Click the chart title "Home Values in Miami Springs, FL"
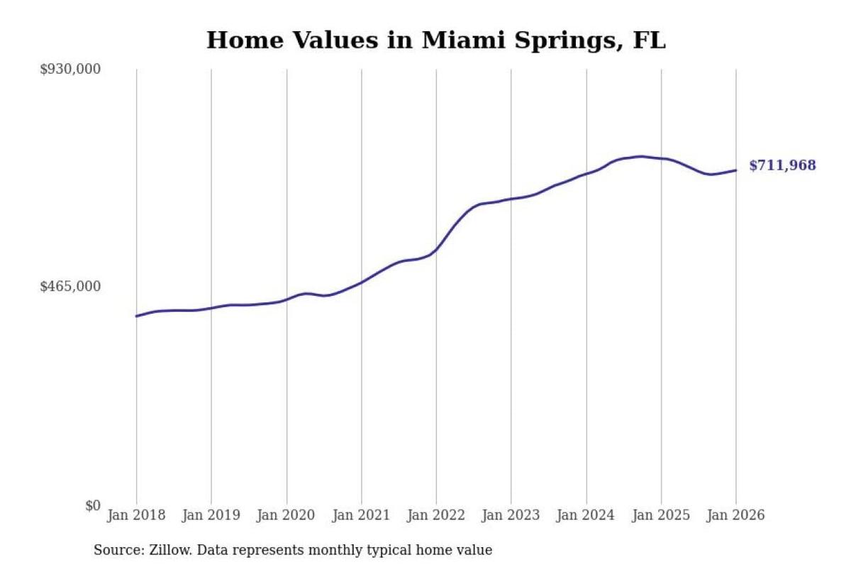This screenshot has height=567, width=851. pyautogui.click(x=435, y=40)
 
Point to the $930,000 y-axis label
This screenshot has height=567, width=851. pyautogui.click(x=70, y=70)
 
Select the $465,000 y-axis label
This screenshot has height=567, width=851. pyautogui.click(x=70, y=287)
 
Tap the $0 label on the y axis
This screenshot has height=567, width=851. pyautogui.click(x=93, y=506)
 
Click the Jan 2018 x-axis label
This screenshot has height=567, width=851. pyautogui.click(x=136, y=515)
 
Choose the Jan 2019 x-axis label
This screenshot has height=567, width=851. pyautogui.click(x=211, y=515)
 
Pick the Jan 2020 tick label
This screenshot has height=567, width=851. pyautogui.click(x=286, y=515)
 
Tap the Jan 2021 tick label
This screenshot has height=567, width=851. pyautogui.click(x=361, y=515)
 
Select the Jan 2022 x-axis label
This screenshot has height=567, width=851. pyautogui.click(x=436, y=515)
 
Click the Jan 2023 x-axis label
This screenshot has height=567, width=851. pyautogui.click(x=511, y=515)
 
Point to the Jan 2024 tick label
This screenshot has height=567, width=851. pyautogui.click(x=586, y=515)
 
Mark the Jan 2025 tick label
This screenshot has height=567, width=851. pyautogui.click(x=661, y=515)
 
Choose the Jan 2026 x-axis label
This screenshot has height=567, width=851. pyautogui.click(x=736, y=515)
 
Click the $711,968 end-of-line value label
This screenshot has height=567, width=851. pyautogui.click(x=783, y=165)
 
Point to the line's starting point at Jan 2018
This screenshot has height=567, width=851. pyautogui.click(x=136, y=316)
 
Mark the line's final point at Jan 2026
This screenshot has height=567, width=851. pyautogui.click(x=736, y=170)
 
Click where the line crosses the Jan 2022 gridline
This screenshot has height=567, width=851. pyautogui.click(x=436, y=250)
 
